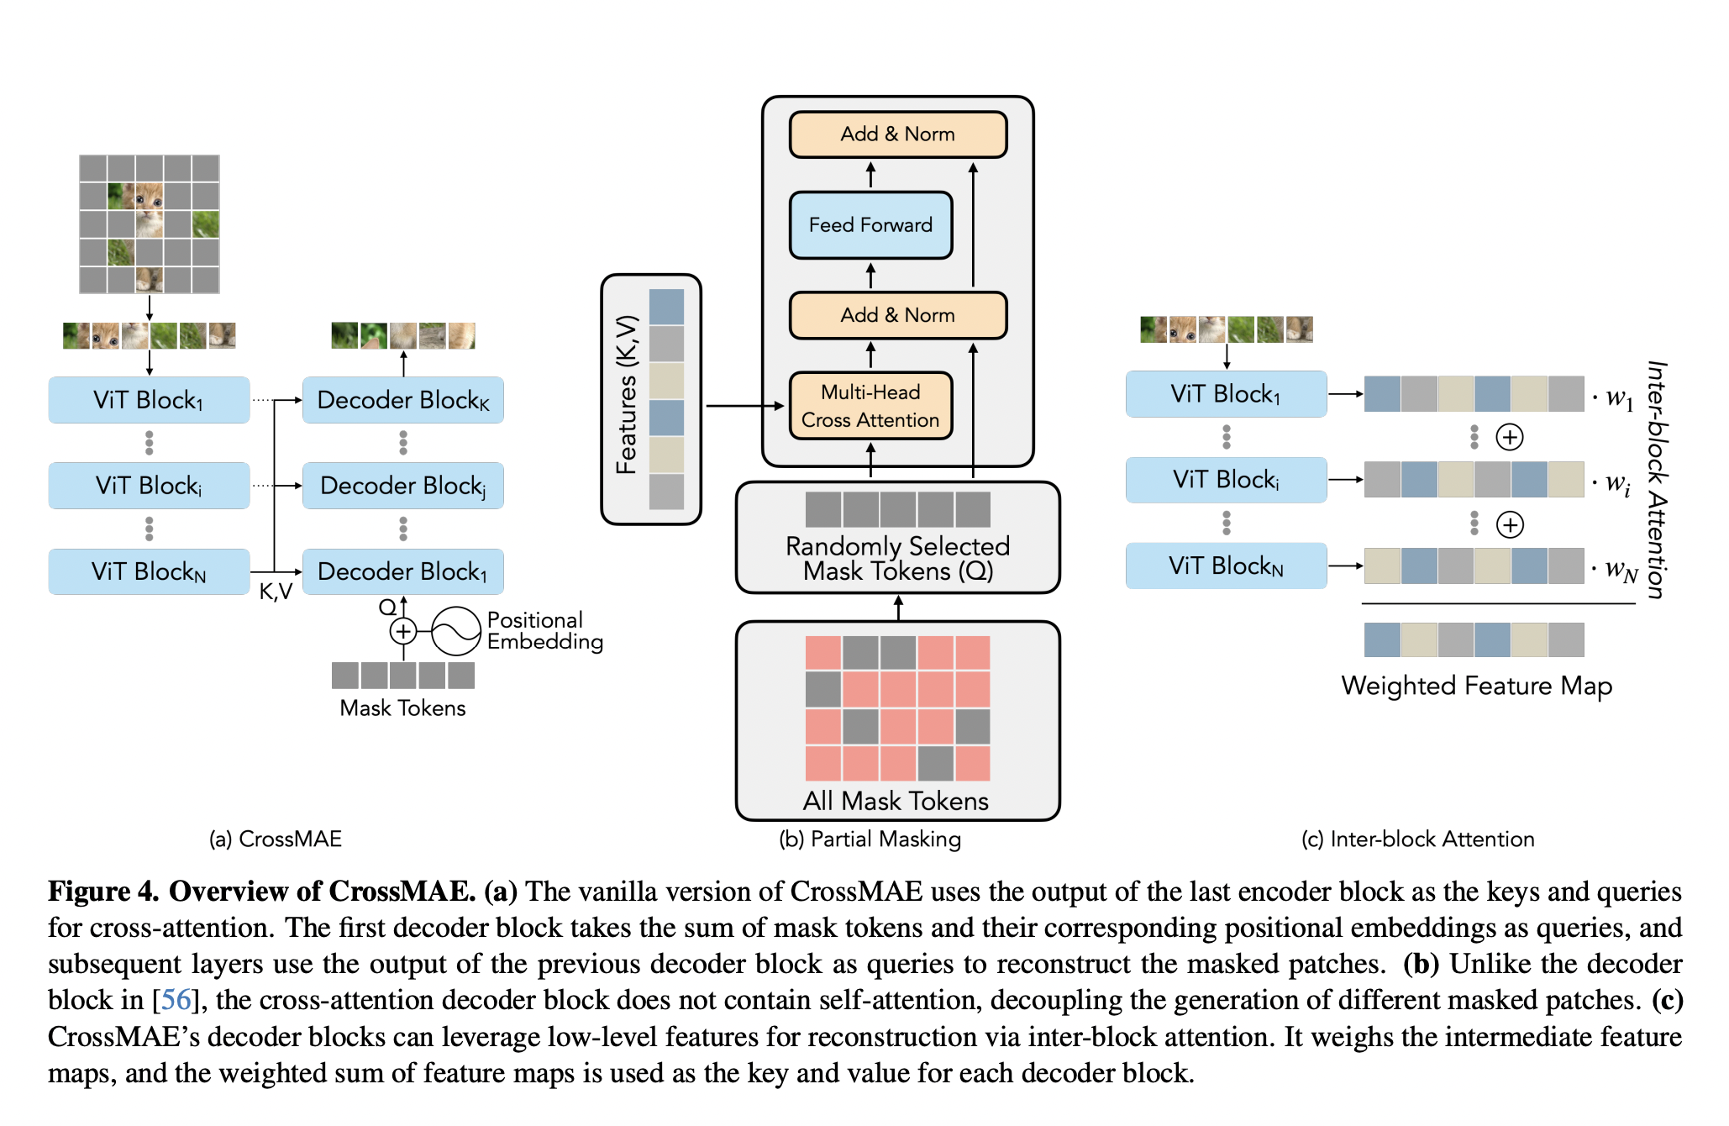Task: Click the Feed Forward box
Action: tap(870, 225)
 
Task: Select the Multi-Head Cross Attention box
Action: tap(870, 406)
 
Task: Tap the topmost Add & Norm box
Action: tap(897, 134)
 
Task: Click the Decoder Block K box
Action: tap(402, 400)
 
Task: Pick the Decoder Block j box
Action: tap(402, 486)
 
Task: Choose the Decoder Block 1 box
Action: tap(402, 571)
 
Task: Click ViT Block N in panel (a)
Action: tap(149, 571)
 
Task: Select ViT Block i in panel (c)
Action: tap(1226, 480)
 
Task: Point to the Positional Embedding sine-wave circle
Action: tap(455, 631)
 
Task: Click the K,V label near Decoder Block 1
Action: tap(276, 592)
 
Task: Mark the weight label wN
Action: tap(1621, 571)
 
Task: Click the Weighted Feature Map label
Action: tap(1476, 686)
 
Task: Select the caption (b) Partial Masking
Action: tap(870, 839)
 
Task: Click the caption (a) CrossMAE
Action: tap(275, 839)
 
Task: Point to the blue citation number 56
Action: tap(176, 1000)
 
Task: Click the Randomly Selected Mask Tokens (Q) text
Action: tap(897, 559)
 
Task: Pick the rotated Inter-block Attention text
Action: tap(1656, 479)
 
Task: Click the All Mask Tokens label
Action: tap(896, 801)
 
